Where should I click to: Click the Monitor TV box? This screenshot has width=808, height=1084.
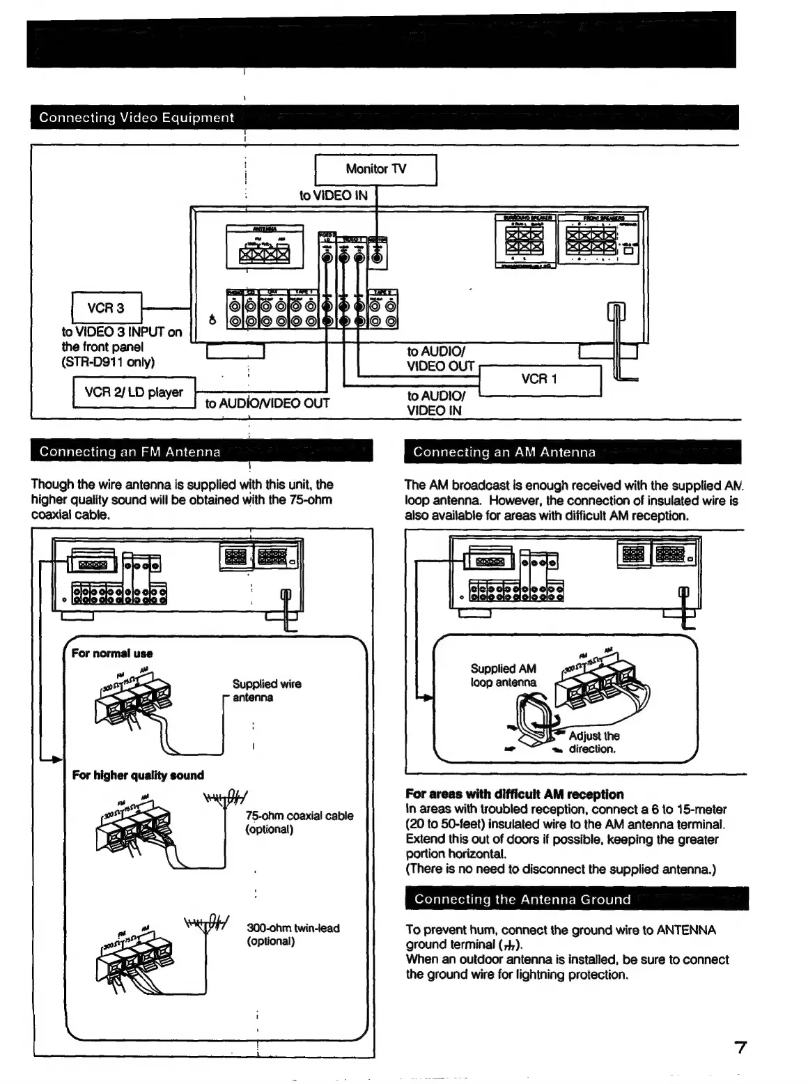(x=376, y=169)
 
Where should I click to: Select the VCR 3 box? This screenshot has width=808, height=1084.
(x=107, y=308)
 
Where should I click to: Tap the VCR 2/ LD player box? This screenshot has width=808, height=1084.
(x=134, y=392)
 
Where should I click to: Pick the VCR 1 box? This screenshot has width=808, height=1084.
(x=540, y=380)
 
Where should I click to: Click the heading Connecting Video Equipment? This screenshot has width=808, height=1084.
(x=137, y=118)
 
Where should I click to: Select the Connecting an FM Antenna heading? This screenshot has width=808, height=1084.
(x=130, y=451)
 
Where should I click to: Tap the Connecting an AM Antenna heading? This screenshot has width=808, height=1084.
(x=504, y=452)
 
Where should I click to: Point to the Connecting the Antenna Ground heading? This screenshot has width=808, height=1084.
(x=522, y=899)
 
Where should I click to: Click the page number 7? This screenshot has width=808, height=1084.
(x=740, y=1047)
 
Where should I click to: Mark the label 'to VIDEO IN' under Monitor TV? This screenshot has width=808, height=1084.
(x=334, y=196)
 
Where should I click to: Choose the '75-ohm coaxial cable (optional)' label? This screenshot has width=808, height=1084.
(x=299, y=822)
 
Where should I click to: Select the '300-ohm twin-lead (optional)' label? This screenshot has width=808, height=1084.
(x=293, y=934)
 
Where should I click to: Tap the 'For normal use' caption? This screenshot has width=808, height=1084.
(x=112, y=653)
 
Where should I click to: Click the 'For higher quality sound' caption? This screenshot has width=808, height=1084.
(x=138, y=775)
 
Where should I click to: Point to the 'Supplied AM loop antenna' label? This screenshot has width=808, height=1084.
(x=504, y=675)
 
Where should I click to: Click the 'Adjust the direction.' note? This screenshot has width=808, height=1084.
(x=593, y=742)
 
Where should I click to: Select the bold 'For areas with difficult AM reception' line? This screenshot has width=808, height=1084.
(x=515, y=794)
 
